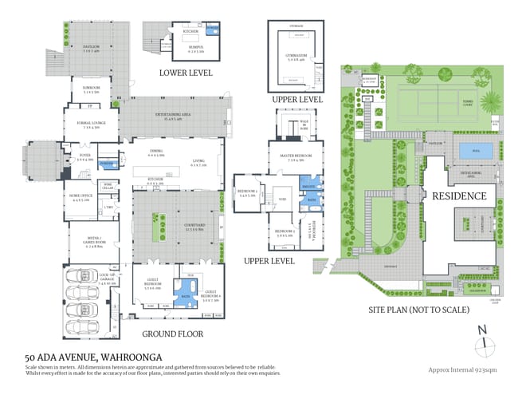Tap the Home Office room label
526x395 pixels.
point(81,197)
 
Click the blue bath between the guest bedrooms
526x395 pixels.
point(186,290)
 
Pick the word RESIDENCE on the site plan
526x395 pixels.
point(458,195)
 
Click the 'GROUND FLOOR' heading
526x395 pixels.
point(171,334)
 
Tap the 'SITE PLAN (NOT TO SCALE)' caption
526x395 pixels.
point(418,309)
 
